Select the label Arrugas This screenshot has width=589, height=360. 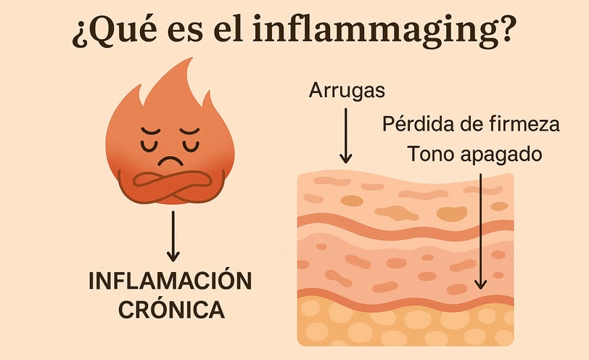coord(346,91)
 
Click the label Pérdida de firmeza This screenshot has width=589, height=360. coord(471,124)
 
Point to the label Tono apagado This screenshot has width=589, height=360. coord(474,155)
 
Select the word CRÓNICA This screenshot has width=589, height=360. coord(173,311)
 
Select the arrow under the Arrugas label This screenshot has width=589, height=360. coord(346,134)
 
